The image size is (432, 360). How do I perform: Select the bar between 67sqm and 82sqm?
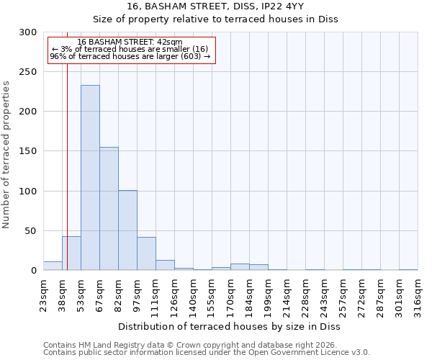pyautogui.click(x=109, y=209)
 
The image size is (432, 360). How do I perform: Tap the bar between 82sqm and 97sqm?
pyautogui.click(x=127, y=230)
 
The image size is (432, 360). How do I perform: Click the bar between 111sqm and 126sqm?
pyautogui.click(x=165, y=265)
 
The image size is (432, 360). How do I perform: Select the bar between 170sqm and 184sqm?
pyautogui.click(x=240, y=267)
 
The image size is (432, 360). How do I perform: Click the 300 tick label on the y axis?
pyautogui.click(x=28, y=32)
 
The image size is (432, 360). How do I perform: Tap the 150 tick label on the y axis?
pyautogui.click(x=28, y=151)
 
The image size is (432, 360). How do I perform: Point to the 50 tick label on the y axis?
pyautogui.click(x=30, y=231)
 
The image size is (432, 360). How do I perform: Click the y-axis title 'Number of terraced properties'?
pyautogui.click(x=6, y=154)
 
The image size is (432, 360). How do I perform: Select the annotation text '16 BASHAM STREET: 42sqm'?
pyautogui.click(x=130, y=42)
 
